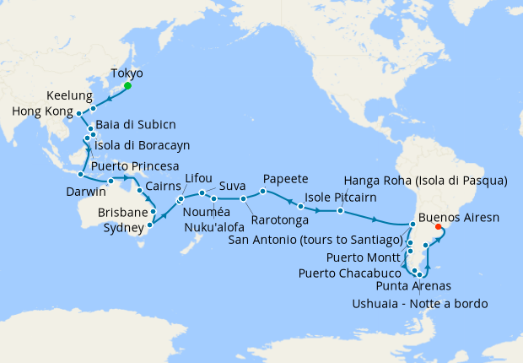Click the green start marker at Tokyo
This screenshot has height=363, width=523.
127,86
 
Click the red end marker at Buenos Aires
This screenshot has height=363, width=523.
438,226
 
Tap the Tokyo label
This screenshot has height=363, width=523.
126,73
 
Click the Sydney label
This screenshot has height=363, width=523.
124,228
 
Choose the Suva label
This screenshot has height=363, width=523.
233,185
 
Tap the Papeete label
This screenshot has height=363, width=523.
285,179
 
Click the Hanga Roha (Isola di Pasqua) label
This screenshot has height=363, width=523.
426,181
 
